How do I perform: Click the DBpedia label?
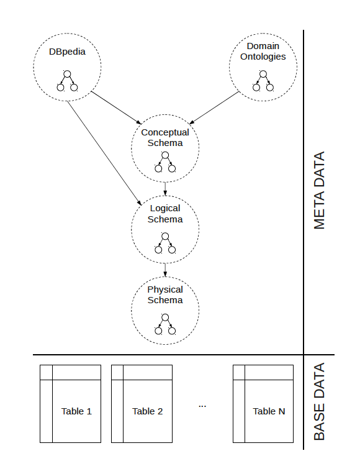[x=67, y=52]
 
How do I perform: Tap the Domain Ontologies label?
[x=263, y=51]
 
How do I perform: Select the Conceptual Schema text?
[x=165, y=137]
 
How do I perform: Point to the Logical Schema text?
[x=165, y=214]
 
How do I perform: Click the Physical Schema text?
[x=165, y=295]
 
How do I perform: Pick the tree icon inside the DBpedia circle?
[x=67, y=81]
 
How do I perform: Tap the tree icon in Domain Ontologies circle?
[x=263, y=81]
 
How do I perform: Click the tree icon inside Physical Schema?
[x=165, y=324]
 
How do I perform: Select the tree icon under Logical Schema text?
[x=165, y=243]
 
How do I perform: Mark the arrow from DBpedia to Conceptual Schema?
[x=116, y=107]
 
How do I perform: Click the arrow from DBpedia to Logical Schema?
[x=104, y=153]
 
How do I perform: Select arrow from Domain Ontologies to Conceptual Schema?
[x=214, y=107]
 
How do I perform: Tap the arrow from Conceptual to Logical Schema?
[x=165, y=189]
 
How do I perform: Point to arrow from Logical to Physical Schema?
[x=165, y=270]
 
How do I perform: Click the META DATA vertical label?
[x=320, y=191]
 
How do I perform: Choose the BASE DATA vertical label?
[x=320, y=401]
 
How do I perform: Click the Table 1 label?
[x=76, y=411]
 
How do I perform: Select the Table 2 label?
[x=147, y=411]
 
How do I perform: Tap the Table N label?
[x=269, y=411]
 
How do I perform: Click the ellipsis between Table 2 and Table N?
[x=202, y=406]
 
